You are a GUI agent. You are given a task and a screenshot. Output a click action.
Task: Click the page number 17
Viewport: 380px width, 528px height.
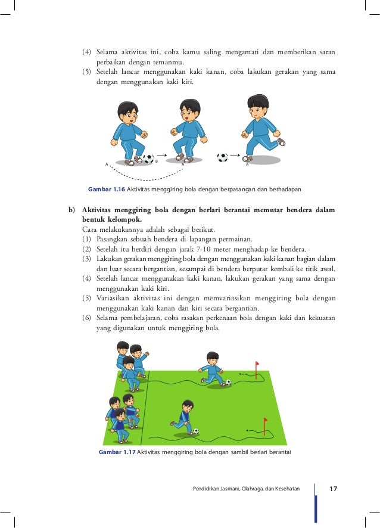pyautogui.click(x=332, y=489)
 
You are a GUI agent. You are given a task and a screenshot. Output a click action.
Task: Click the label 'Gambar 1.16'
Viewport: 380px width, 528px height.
pyautogui.click(x=106, y=189)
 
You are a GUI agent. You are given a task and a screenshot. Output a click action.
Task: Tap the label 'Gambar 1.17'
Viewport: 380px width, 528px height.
pyautogui.click(x=117, y=452)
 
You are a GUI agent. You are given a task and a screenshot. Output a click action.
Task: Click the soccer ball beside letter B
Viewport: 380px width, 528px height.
pyautogui.click(x=148, y=159)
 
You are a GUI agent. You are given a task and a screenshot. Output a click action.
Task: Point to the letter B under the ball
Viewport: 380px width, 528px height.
pyautogui.click(x=155, y=161)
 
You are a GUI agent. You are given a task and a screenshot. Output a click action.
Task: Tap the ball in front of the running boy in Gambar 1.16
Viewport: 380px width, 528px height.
pyautogui.click(x=222, y=157)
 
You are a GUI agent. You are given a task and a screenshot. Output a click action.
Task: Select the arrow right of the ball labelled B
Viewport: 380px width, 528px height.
pyautogui.click(x=161, y=154)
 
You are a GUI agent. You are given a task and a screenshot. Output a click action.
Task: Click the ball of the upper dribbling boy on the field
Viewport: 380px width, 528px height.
pyautogui.click(x=228, y=382)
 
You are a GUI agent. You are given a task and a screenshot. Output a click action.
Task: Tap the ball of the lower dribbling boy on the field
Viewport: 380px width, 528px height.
pyautogui.click(x=195, y=431)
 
